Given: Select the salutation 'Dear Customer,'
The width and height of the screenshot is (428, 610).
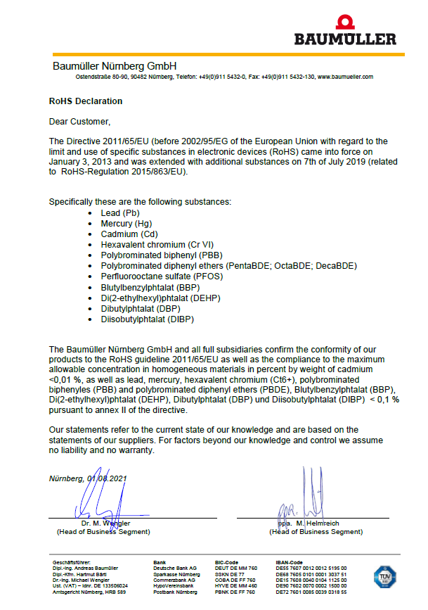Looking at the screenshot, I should (79, 122).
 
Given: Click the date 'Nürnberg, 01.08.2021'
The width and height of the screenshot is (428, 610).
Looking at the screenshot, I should (88, 478).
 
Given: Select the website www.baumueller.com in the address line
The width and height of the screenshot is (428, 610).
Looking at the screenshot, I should (345, 76).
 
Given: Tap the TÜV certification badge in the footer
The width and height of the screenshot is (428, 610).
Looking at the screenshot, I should (383, 577).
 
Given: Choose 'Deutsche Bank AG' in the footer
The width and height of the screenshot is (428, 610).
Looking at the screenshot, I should (175, 568).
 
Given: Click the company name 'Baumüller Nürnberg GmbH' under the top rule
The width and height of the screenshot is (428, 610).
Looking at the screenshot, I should (114, 65).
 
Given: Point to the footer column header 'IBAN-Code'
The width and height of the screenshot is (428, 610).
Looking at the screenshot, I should (290, 562).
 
